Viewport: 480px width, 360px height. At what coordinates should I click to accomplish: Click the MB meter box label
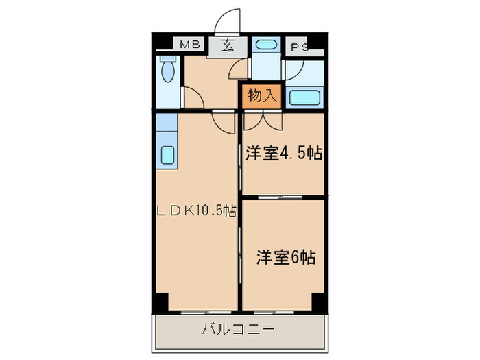click(x=189, y=45)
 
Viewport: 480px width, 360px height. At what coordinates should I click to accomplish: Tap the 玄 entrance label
click(x=227, y=45)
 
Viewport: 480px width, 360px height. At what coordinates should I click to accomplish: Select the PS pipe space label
click(x=300, y=47)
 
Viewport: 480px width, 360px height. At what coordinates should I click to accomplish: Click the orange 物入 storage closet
click(x=262, y=96)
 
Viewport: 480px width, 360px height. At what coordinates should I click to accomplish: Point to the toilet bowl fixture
click(x=168, y=69)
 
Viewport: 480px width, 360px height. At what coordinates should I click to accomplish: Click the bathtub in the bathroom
click(x=304, y=97)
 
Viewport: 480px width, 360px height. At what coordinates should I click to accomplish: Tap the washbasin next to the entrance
click(x=266, y=45)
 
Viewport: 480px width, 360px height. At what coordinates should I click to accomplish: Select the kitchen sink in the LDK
click(x=167, y=154)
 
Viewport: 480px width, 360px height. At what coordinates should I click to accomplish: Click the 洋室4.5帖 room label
click(x=284, y=153)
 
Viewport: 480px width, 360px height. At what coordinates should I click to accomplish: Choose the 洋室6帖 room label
click(x=286, y=257)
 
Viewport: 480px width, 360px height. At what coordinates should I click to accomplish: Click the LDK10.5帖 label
click(x=196, y=211)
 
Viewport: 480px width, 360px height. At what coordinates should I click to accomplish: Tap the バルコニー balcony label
click(x=238, y=329)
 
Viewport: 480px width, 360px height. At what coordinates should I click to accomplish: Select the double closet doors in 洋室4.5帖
click(x=263, y=121)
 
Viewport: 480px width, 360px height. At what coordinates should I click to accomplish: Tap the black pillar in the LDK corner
click(x=162, y=302)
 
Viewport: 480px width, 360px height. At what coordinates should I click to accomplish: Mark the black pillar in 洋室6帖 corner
click(x=318, y=302)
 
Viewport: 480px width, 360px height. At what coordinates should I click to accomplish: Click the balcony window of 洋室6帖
click(x=274, y=313)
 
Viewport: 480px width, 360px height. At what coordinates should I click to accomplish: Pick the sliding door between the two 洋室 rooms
click(x=280, y=197)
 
